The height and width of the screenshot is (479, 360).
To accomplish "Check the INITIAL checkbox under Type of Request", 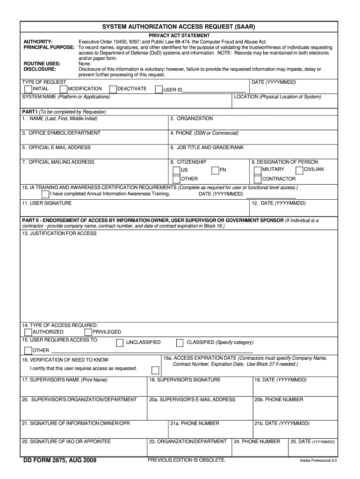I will click(x=29, y=89).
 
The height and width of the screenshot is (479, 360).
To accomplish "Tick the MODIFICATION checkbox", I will click(x=64, y=89).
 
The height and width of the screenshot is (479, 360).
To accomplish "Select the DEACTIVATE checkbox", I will click(x=113, y=89).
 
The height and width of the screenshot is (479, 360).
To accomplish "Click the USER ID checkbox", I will click(x=159, y=89).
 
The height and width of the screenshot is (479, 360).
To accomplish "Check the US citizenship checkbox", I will click(x=176, y=170).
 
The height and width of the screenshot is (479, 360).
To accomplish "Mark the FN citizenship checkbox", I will click(x=215, y=170).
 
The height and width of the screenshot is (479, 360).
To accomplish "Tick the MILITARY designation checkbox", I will click(x=258, y=170).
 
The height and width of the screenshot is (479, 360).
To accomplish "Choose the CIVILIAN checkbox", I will click(x=299, y=170).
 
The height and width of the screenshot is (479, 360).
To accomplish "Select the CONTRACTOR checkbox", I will click(x=258, y=179).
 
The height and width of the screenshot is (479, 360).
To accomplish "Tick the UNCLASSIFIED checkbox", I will click(x=120, y=342).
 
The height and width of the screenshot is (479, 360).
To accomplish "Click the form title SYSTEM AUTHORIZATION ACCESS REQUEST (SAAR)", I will click(x=179, y=27).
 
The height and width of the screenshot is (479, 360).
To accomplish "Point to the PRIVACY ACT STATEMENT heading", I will click(x=179, y=36).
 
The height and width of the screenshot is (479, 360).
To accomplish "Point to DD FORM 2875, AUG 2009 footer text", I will click(x=60, y=461).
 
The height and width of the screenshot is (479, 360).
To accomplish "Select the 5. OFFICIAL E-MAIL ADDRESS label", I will click(x=56, y=147).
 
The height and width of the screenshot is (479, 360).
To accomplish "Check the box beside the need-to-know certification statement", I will click(x=155, y=370).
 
